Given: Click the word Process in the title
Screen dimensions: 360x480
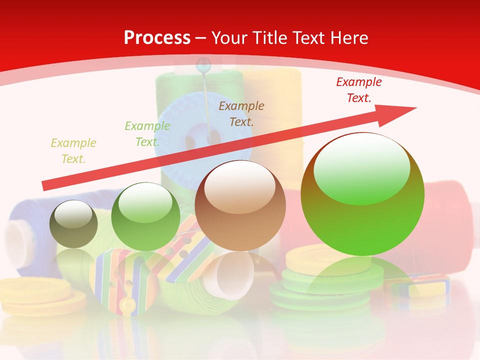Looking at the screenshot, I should coord(157,38).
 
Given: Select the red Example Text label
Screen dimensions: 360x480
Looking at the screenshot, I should coord(358,90).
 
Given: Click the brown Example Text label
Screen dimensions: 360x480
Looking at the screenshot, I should coord(241,113).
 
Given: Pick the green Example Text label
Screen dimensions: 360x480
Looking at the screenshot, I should coord(147,134).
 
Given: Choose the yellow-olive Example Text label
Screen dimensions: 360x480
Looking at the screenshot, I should coord(73,150).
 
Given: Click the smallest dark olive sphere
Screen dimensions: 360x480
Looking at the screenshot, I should coord(73,224).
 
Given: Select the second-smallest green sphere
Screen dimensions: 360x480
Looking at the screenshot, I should coord(145,216).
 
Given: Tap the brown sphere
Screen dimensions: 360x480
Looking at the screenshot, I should coord(240,205).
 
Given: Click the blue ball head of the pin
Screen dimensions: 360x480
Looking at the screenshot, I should coord(203,64).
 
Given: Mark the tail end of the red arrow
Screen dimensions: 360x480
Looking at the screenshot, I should coord(45,186).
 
